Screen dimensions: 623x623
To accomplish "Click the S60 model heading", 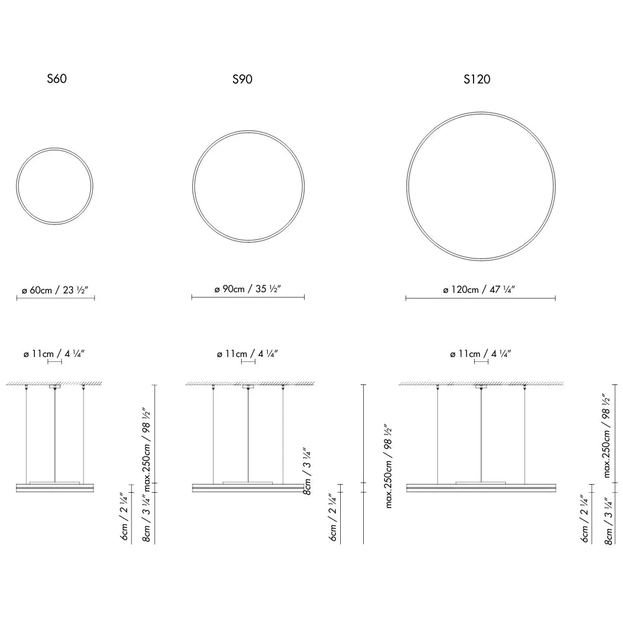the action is (x=57, y=78).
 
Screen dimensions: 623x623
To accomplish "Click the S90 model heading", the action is (x=242, y=79).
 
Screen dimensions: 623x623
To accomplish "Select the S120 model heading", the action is (x=477, y=79).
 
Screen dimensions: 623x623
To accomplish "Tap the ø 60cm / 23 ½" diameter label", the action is (x=54, y=290).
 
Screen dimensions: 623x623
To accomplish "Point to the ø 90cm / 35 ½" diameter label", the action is (x=247, y=289).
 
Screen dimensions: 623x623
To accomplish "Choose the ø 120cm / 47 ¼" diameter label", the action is (x=478, y=289).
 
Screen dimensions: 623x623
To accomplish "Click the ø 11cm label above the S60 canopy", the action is (x=54, y=354).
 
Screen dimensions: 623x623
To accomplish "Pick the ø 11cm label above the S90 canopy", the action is (x=247, y=354).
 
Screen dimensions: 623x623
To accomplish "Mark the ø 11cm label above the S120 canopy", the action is (x=480, y=354).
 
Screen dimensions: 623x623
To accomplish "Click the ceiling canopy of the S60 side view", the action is (x=55, y=386).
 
